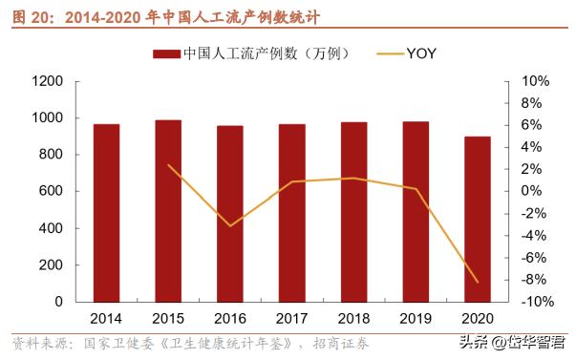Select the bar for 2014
106,213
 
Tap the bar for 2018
353,212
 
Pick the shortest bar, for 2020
477,219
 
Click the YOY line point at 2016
229,226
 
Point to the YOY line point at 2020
477,282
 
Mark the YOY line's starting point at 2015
168,165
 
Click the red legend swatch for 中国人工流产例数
166,53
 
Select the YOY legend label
421,53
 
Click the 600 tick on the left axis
52,192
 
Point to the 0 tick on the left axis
59,302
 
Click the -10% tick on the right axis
531,302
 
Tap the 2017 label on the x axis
291,318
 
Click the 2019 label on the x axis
415,318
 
